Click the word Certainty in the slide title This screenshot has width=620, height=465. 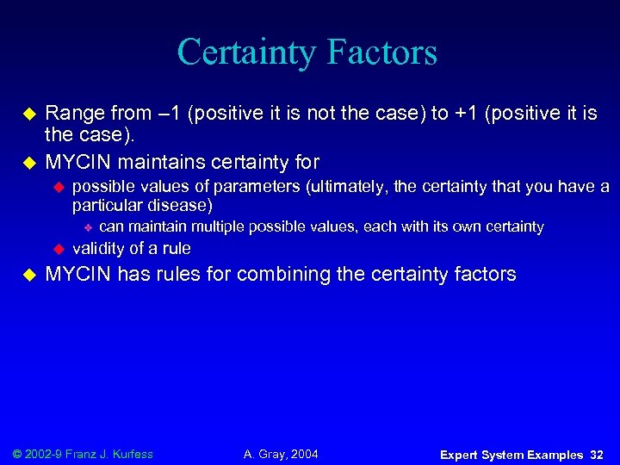(x=236, y=53)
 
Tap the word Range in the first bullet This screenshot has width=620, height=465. (x=71, y=114)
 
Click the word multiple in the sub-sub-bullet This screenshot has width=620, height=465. (x=219, y=227)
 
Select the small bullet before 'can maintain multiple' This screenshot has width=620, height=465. (x=87, y=227)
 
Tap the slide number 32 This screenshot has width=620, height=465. (x=597, y=455)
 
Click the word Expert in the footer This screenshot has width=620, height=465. (x=462, y=455)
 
